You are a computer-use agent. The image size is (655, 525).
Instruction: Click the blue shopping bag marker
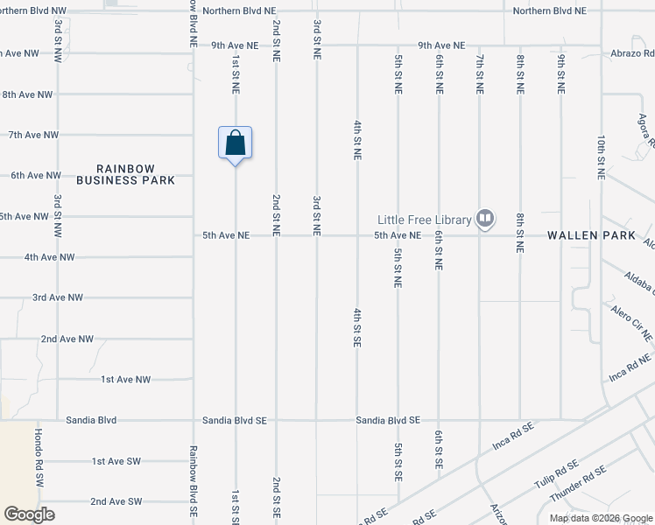tap(235, 143)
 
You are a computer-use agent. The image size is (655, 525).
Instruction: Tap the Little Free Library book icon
tap(485, 219)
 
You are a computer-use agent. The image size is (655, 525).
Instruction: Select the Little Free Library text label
tap(424, 220)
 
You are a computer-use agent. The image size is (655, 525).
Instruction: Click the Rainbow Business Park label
tap(125, 174)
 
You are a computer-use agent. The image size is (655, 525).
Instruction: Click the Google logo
tap(29, 514)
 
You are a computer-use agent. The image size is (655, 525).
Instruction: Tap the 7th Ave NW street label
tap(33, 135)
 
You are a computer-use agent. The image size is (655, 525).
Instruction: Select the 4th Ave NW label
tap(50, 257)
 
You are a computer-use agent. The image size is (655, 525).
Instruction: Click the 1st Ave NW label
tap(126, 379)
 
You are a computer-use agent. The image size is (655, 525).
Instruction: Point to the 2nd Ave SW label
tap(116, 501)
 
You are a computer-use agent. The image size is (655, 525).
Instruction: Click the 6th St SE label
tap(439, 451)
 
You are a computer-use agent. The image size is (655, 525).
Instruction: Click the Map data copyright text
tap(601, 518)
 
